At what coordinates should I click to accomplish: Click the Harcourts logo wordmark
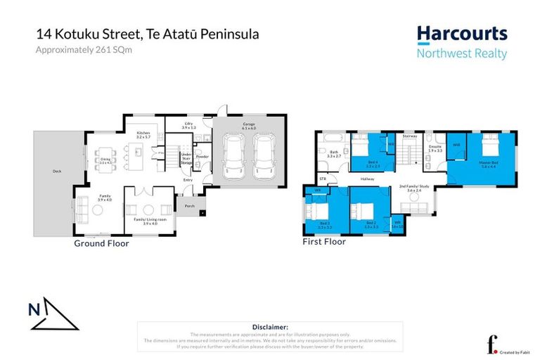tap(461, 33)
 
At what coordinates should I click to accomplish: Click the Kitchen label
tap(144, 133)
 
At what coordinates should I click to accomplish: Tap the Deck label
tap(56, 171)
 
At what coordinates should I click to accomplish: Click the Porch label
tap(189, 206)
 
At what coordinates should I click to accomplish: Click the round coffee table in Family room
tap(149, 209)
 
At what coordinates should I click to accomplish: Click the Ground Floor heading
tap(101, 243)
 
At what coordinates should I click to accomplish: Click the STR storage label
tap(323, 179)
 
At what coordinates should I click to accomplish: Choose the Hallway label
tap(367, 179)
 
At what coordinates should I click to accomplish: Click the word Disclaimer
tap(269, 327)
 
